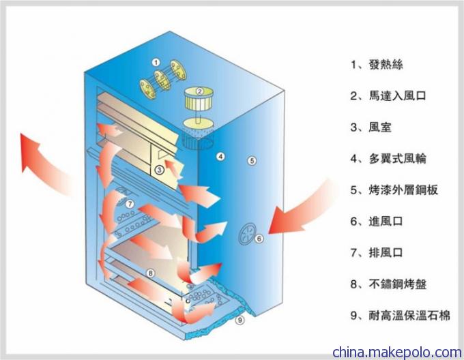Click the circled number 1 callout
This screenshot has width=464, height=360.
click(156, 62)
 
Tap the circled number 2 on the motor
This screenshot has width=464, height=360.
click(199, 91)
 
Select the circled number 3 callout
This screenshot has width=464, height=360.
click(159, 170)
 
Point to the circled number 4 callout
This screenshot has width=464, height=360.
click(220, 156)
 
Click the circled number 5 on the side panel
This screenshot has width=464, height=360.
click(252, 161)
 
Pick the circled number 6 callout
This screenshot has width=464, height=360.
click(259, 239)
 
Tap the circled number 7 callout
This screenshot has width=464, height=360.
click(130, 204)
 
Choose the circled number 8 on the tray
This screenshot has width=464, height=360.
click(150, 273)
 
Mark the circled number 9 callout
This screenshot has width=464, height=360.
click(240, 320)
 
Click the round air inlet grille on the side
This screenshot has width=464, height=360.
click(247, 233)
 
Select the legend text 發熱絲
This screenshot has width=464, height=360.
click(386, 65)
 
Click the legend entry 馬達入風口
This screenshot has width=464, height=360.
click(397, 95)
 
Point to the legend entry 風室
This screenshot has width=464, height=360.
click(380, 127)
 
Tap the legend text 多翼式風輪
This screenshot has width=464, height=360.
click(397, 159)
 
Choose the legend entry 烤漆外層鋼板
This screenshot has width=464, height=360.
click(403, 190)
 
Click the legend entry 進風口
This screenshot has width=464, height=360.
click(386, 222)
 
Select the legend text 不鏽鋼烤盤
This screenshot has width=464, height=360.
click(397, 284)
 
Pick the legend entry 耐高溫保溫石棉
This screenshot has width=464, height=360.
click(409, 316)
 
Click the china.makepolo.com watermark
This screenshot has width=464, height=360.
click(397, 352)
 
